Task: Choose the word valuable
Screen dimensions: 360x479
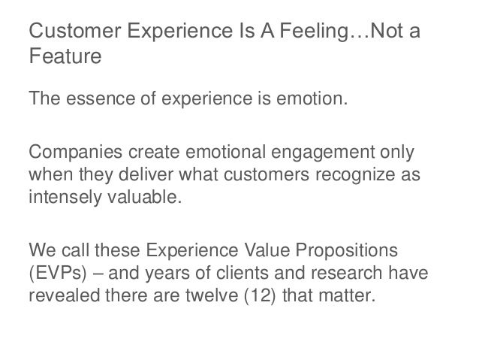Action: coord(147,196)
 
